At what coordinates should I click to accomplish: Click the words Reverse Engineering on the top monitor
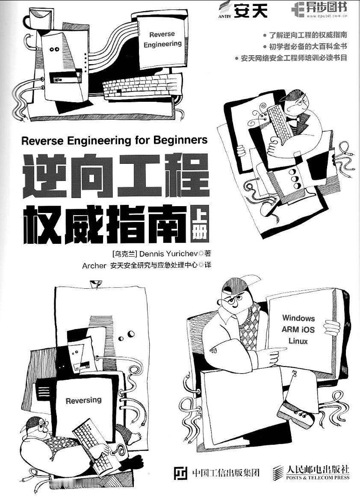162,39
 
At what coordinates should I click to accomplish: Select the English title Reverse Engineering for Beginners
114,140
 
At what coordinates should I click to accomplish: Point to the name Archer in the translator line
94,266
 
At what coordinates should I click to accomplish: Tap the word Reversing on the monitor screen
83,400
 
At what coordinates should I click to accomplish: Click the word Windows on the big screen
298,318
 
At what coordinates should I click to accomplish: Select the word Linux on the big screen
298,341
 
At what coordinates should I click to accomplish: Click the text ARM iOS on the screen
298,329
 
